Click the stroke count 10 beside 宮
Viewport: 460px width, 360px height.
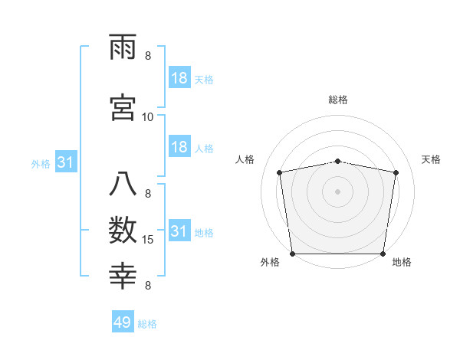pyautogui.click(x=148, y=116)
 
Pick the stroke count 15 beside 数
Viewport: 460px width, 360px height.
pyautogui.click(x=148, y=240)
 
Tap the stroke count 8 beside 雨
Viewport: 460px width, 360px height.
pyautogui.click(x=148, y=55)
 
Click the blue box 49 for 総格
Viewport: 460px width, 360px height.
pyautogui.click(x=122, y=322)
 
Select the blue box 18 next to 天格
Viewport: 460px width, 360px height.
pyautogui.click(x=179, y=78)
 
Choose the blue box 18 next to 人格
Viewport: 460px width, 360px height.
pyautogui.click(x=179, y=147)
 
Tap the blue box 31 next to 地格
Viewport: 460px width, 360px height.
pyautogui.click(x=179, y=231)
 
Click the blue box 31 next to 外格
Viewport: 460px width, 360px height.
pyautogui.click(x=66, y=162)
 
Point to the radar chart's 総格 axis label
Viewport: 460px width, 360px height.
pyautogui.click(x=338, y=100)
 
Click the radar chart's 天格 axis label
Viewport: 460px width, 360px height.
pyautogui.click(x=432, y=159)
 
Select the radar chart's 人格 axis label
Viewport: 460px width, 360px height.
pyautogui.click(x=245, y=159)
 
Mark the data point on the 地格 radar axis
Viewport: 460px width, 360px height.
pyautogui.click(x=383, y=254)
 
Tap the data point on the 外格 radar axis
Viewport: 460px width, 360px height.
pyautogui.click(x=292, y=254)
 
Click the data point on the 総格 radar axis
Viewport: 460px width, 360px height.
pyautogui.click(x=338, y=161)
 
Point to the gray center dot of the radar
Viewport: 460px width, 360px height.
pyautogui.click(x=338, y=191)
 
